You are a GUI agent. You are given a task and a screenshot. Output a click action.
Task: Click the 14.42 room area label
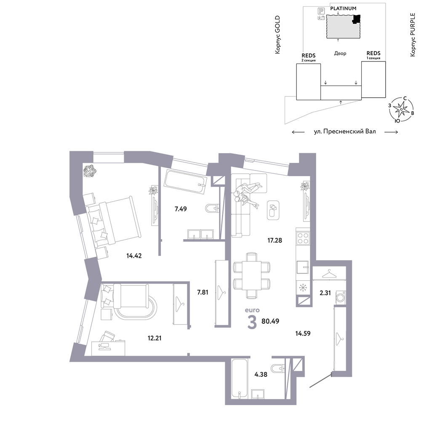coord(134,256)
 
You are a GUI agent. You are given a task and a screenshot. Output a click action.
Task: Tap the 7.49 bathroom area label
coord(181,209)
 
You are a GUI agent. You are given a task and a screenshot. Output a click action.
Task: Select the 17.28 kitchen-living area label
coord(274,240)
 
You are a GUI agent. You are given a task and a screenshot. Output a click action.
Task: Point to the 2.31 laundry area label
coord(325,293)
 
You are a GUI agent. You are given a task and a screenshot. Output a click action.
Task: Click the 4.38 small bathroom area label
coord(261,374)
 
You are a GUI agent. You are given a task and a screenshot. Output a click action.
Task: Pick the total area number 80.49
coord(270,321)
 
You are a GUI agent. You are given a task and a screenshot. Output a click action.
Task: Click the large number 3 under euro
coord(252,322)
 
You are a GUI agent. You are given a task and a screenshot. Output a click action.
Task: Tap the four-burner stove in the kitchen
coord(303,237)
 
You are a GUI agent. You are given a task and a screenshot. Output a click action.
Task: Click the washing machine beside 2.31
coord(341,297)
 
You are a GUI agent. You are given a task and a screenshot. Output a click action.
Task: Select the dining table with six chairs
coord(252,275)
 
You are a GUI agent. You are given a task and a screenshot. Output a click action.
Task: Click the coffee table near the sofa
coord(273,210)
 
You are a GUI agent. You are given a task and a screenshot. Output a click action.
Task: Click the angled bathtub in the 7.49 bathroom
coord(186,181)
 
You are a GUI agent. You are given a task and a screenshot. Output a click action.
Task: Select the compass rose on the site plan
coord(401,109)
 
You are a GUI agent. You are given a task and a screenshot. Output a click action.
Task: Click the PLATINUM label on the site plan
coord(343,8)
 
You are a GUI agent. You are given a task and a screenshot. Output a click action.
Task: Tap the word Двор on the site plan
coord(340,53)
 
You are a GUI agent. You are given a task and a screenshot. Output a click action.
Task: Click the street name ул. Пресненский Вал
coord(345,131)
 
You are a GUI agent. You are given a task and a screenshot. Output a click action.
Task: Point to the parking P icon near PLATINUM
coord(321,11)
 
